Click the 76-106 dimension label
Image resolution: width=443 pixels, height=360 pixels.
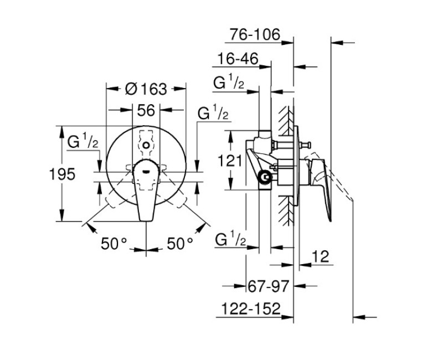pyautogui.click(x=255, y=34)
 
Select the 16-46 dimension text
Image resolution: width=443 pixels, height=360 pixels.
pyautogui.click(x=238, y=59)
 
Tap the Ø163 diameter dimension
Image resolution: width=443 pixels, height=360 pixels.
pyautogui.click(x=146, y=89)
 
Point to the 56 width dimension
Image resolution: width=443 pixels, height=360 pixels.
pyautogui.click(x=146, y=110)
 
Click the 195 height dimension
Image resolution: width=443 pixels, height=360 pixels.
pyautogui.click(x=62, y=174)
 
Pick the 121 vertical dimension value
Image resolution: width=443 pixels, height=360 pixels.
pyautogui.click(x=230, y=161)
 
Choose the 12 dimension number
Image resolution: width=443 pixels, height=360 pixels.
pyautogui.click(x=321, y=256)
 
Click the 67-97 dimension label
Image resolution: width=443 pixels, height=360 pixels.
pyautogui.click(x=269, y=286)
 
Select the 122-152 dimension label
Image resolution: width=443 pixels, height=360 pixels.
pyautogui.click(x=251, y=308)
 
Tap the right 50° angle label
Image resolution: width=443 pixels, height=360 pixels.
pyautogui.click(x=180, y=243)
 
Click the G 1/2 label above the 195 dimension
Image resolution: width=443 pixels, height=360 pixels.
pyautogui.click(x=83, y=141)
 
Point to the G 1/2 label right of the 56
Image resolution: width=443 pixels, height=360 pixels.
pyautogui.click(x=213, y=112)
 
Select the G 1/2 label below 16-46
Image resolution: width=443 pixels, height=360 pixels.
pyautogui.click(x=229, y=81)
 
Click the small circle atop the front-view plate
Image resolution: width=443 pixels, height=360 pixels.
pyautogui.click(x=146, y=145)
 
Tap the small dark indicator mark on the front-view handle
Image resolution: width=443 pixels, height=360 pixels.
pyautogui.click(x=146, y=171)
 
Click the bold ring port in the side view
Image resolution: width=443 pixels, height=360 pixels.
pyautogui.click(x=266, y=178)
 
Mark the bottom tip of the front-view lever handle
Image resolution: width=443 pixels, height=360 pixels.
pyautogui.click(x=146, y=221)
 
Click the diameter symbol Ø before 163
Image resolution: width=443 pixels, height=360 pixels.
pyautogui.click(x=131, y=89)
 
